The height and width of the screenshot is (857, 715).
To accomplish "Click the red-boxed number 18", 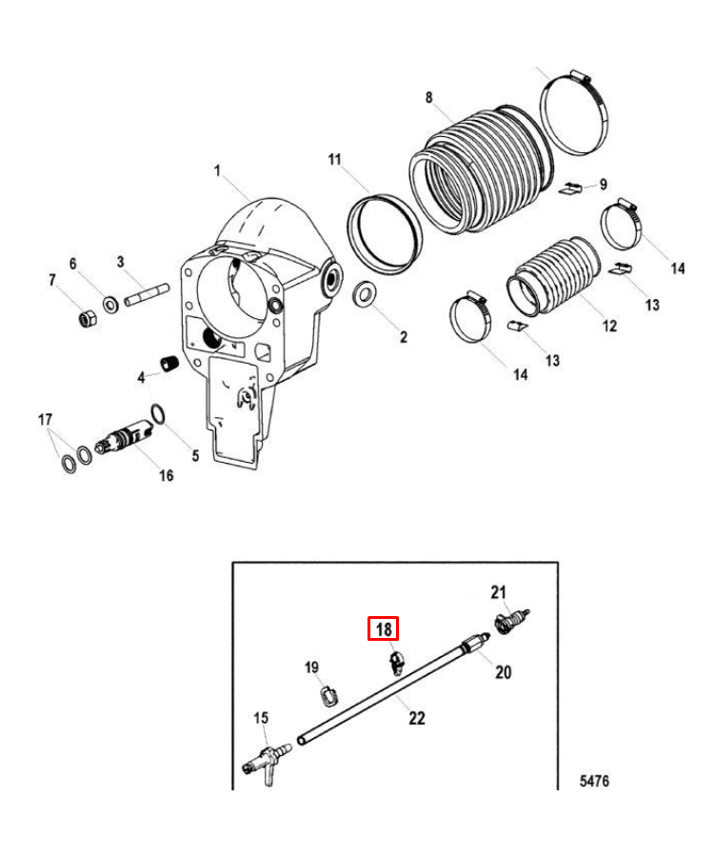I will (383, 629).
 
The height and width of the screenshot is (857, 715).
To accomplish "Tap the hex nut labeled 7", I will (86, 318).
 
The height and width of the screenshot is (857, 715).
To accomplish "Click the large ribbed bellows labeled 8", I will (476, 171).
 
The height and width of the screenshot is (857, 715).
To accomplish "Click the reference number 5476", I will (594, 782).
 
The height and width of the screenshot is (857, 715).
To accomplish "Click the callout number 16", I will (166, 475).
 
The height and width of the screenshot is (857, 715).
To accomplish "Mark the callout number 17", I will (44, 419).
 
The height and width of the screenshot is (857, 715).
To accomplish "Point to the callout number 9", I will (603, 184).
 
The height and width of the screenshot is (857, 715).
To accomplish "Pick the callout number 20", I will (503, 672).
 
